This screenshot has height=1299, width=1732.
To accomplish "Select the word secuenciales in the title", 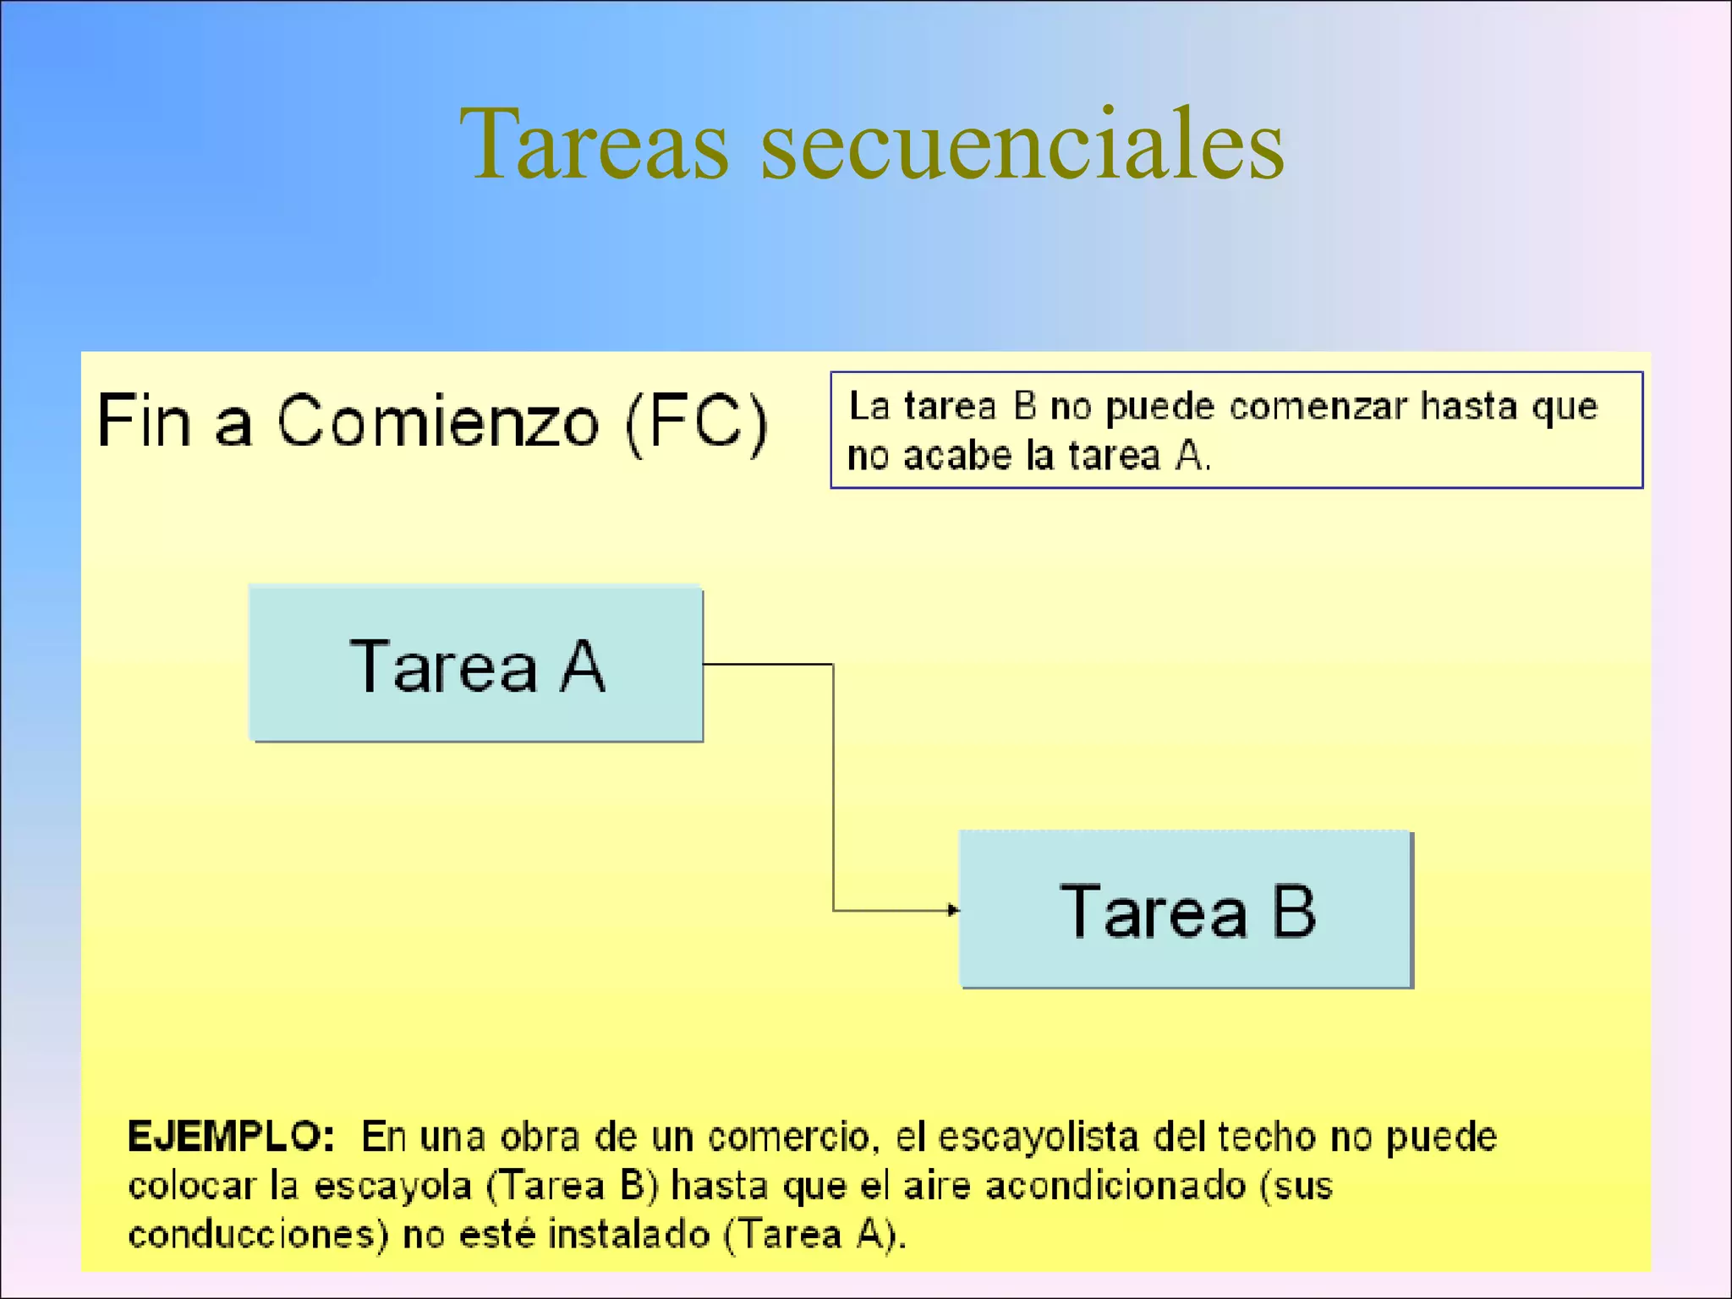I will [x=1022, y=144].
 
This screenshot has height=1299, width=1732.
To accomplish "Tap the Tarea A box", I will [x=476, y=665].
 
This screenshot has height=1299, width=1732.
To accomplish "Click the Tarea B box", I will [x=1187, y=910].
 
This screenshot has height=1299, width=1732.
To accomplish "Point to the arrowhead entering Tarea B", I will [x=953, y=910].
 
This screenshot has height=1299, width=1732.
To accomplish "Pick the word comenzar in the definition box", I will [x=1318, y=407].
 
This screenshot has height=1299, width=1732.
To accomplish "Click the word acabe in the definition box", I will [x=957, y=457].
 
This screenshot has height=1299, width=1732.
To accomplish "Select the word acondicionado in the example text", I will [x=1115, y=1186].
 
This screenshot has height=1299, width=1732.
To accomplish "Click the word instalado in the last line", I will [x=629, y=1235].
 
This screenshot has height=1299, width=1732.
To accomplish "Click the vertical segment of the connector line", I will [x=833, y=787].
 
